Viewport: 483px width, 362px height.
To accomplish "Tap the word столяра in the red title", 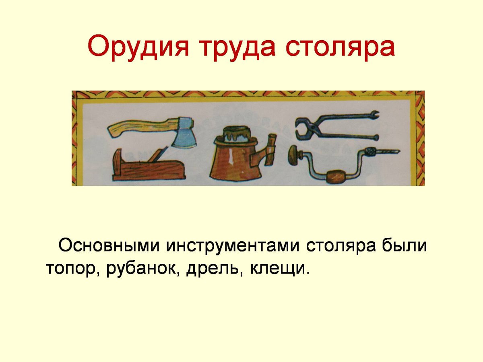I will click(x=340, y=47).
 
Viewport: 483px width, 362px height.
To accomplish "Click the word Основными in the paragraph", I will click(x=109, y=246).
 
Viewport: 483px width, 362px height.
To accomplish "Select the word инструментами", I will click(x=233, y=246).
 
